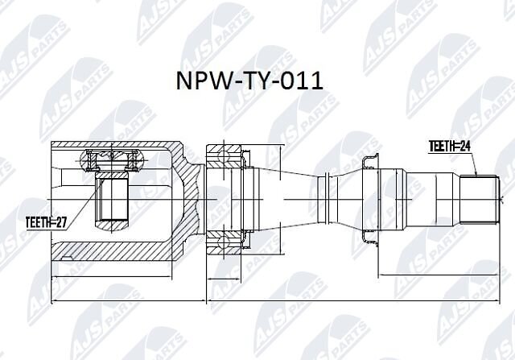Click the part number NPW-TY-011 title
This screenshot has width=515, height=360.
[x=249, y=81]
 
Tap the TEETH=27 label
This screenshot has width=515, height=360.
[x=46, y=223]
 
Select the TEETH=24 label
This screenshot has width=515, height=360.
[x=450, y=147]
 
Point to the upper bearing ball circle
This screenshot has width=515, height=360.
[x=224, y=155]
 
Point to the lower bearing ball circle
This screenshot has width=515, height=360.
[x=224, y=243]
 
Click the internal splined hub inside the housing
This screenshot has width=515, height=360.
[x=112, y=201]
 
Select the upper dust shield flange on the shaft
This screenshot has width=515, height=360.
[x=369, y=160]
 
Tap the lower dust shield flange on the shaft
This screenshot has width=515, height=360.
[x=369, y=238]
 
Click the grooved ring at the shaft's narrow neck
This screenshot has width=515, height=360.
[x=328, y=199]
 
